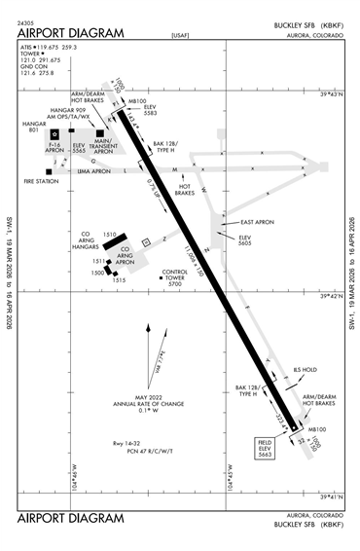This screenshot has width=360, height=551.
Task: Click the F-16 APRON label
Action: (x=58, y=149)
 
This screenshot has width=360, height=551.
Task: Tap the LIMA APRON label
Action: (x=94, y=170)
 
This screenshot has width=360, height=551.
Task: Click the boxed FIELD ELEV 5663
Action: (x=264, y=448)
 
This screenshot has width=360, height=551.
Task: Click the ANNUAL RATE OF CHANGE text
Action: (x=147, y=403)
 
